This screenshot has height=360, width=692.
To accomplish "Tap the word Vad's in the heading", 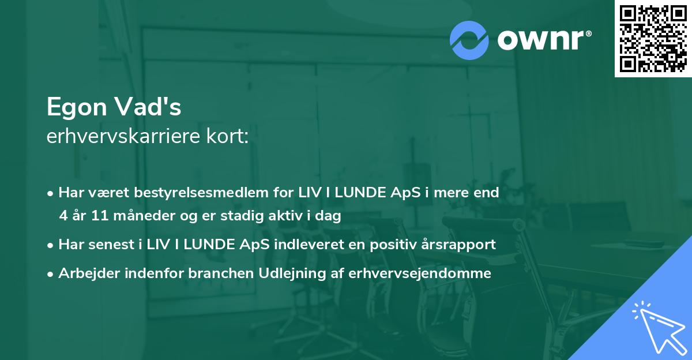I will tap(152, 107).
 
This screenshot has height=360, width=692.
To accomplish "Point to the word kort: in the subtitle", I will tap(230, 137).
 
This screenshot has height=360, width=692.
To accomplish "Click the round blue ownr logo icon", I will tap(469, 40).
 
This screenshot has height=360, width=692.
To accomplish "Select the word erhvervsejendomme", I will tap(420, 273).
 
